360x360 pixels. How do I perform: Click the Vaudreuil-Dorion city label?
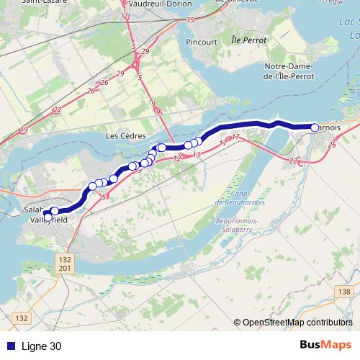[x=156, y=4]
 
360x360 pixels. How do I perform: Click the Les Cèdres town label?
[x=126, y=135]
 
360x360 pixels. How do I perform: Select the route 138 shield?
[x=344, y=292]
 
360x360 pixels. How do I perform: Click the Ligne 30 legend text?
[x=41, y=346]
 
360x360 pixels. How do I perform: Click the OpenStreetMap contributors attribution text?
[x=297, y=323]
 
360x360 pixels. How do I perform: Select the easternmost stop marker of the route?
[x=315, y=127]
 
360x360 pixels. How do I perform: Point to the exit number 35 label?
[x=190, y=20]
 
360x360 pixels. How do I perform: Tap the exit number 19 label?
[x=24, y=130]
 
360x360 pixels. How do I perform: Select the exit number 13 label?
[x=197, y=155]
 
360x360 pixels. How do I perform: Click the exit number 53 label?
[x=105, y=197]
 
